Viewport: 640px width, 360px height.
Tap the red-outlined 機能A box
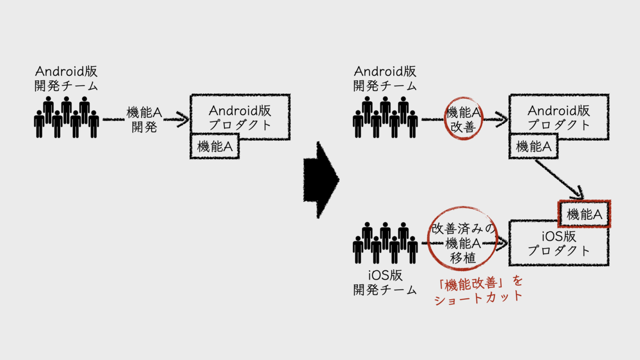(584, 214)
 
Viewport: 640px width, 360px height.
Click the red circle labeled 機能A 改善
(463, 118)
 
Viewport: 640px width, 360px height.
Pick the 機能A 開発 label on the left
(144, 119)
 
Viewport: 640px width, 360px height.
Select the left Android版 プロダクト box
(239, 117)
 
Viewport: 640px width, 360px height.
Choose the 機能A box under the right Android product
(533, 147)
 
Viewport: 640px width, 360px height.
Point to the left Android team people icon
(66, 117)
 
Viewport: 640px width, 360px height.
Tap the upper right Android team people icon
(385, 117)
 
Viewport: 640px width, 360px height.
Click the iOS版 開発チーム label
(385, 283)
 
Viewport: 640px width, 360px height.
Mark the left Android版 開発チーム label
(66, 78)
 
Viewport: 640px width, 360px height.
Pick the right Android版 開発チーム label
(385, 78)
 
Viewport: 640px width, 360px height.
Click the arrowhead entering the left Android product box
(183, 119)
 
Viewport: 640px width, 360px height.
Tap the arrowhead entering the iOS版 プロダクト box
(502, 244)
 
